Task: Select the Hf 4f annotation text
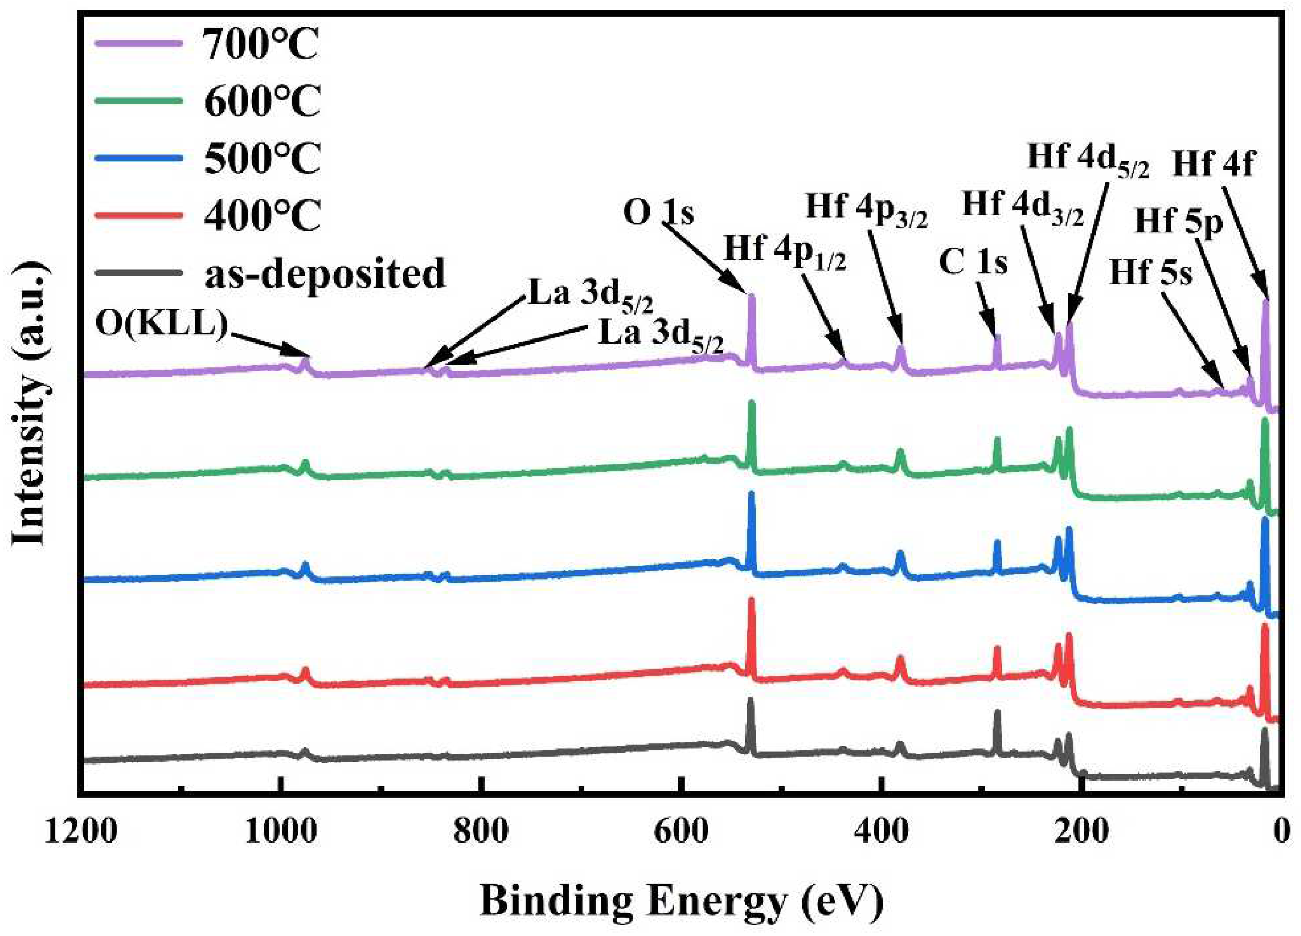click(1213, 165)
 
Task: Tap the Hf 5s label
click(1150, 272)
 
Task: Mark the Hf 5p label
click(1179, 222)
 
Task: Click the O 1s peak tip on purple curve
click(751, 297)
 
